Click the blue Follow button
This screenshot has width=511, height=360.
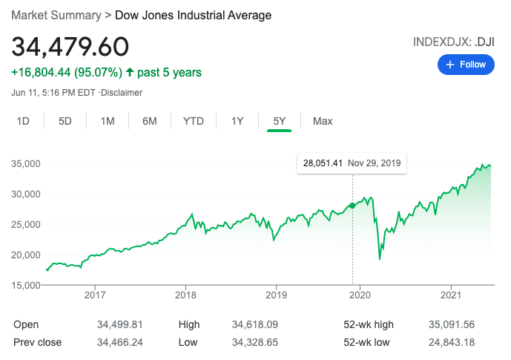(x=467, y=65)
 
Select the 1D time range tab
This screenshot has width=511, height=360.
(x=23, y=121)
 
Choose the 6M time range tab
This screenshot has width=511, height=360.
(x=150, y=121)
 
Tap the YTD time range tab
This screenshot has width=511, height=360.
(x=194, y=121)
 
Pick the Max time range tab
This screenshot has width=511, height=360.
(x=323, y=121)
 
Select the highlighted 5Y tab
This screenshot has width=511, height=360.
(x=280, y=121)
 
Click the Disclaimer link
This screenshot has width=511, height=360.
(x=122, y=93)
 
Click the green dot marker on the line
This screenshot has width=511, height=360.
(x=352, y=205)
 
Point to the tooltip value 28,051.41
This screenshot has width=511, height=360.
(x=321, y=163)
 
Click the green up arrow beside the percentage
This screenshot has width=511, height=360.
(x=130, y=73)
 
